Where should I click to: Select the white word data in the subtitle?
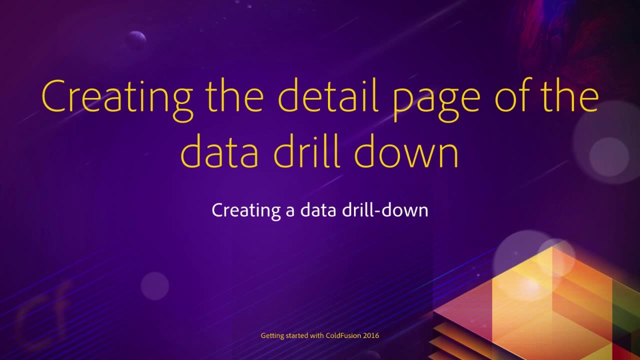click(x=318, y=210)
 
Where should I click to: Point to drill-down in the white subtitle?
click(x=385, y=210)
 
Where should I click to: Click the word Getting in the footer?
click(x=272, y=336)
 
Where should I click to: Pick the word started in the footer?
click(x=297, y=336)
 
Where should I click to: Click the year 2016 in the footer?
click(x=371, y=336)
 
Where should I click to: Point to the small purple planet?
click(x=135, y=39)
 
